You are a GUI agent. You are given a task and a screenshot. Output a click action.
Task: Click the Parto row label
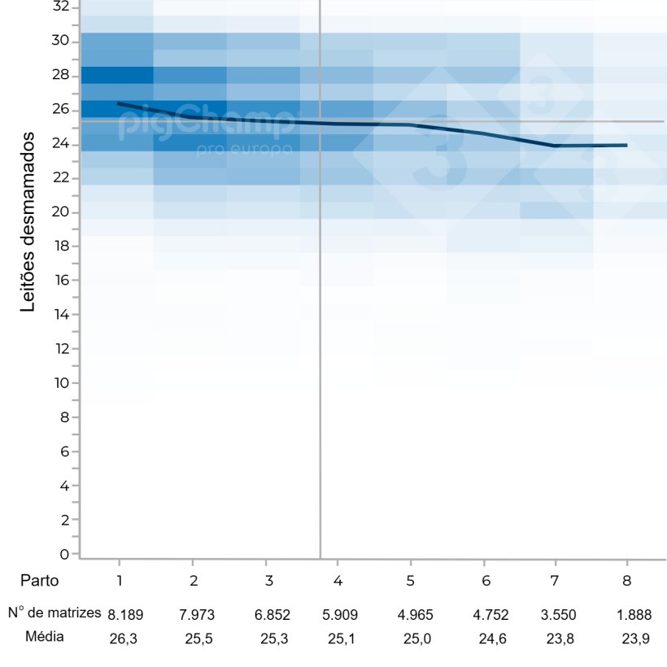(x=40, y=581)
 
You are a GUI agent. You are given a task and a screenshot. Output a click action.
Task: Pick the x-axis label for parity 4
(x=337, y=581)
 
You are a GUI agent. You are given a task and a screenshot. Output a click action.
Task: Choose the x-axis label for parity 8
(x=626, y=581)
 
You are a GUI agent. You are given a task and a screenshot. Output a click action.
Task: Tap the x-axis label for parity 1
(x=120, y=581)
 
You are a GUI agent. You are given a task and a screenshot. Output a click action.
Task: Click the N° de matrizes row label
(x=54, y=613)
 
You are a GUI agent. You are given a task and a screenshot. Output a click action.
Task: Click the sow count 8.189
(x=126, y=614)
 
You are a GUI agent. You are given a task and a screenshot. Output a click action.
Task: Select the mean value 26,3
(x=124, y=639)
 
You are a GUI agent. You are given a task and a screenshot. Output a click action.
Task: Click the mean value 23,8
(x=560, y=639)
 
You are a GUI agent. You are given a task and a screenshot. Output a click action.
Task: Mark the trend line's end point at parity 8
(x=626, y=145)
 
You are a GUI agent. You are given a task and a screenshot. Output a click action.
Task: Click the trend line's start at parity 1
(x=119, y=103)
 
